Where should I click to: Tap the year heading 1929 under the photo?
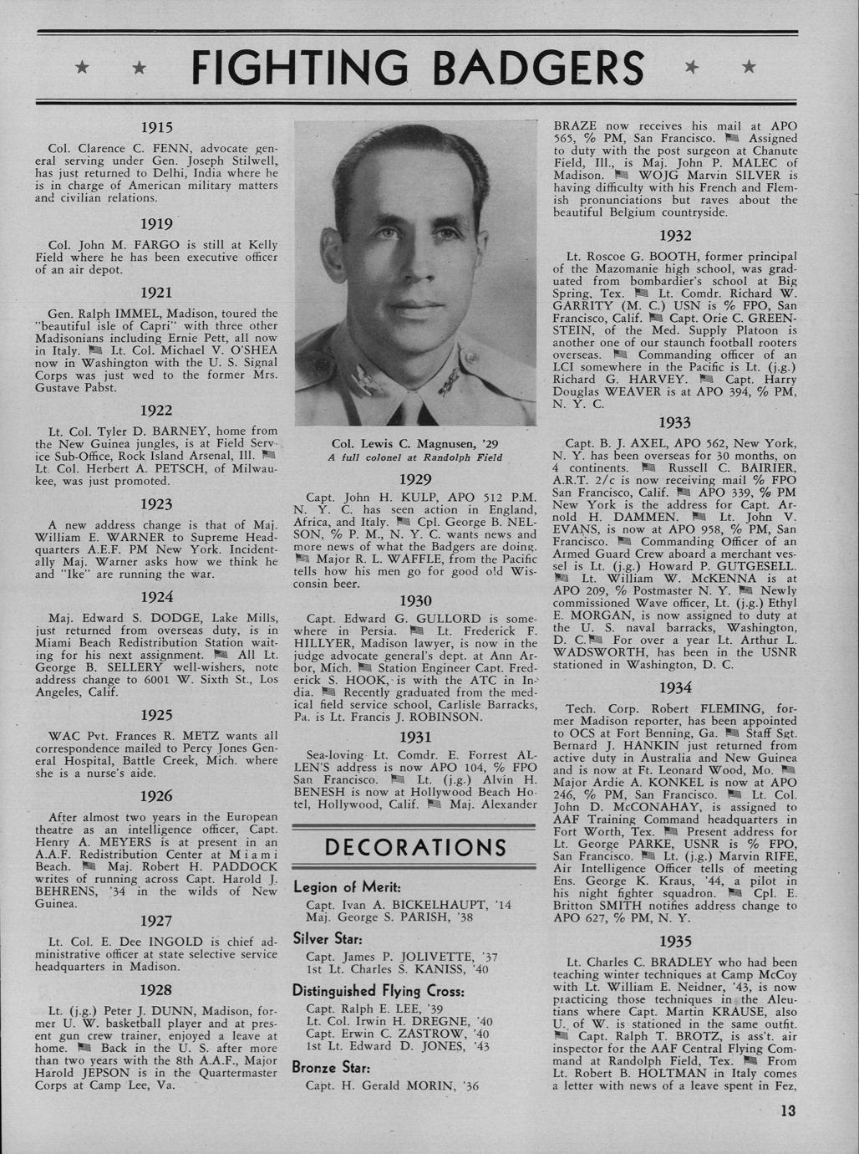[x=414, y=479]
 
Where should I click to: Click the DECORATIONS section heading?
[x=414, y=847]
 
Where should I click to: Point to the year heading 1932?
[x=675, y=237]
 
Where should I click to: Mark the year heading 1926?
[x=155, y=795]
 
